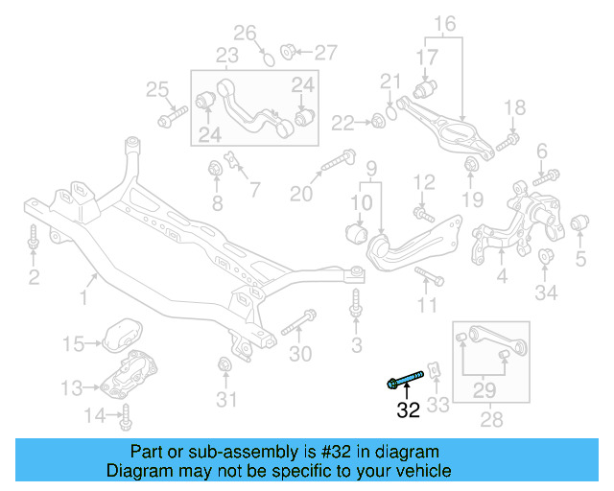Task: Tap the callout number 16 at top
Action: click(445, 23)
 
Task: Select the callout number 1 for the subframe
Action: click(83, 298)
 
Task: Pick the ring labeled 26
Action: click(270, 58)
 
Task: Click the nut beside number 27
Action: click(287, 50)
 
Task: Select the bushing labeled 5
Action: click(579, 226)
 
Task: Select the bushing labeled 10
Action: click(355, 232)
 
